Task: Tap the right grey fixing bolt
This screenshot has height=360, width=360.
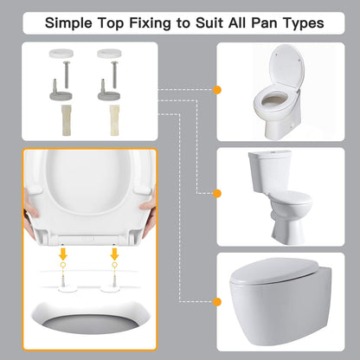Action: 108,87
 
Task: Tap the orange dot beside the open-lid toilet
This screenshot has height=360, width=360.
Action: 216,88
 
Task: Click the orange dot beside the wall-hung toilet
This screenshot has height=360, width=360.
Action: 216,301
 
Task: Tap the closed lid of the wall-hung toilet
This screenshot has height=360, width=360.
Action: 282,279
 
